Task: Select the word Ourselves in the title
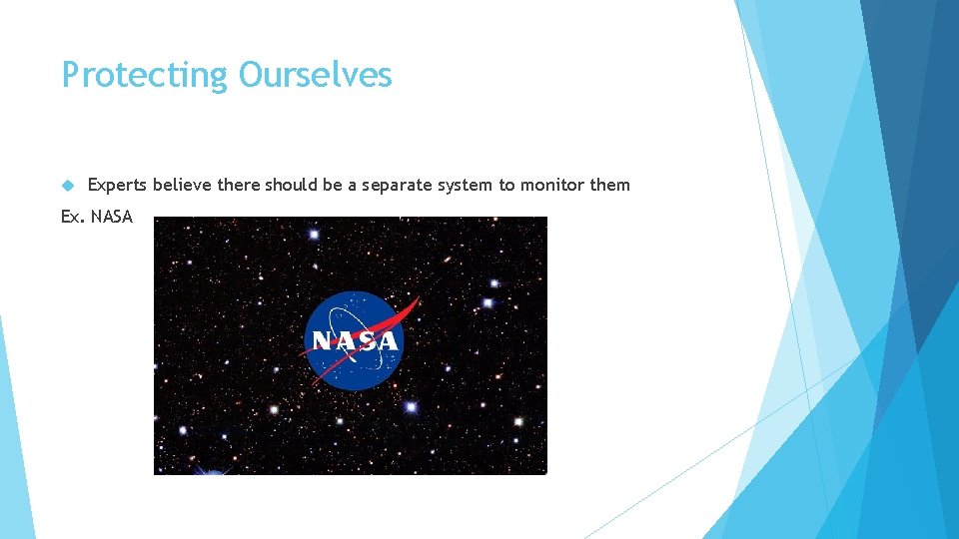click(315, 75)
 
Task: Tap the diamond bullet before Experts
click(68, 185)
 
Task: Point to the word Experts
click(117, 185)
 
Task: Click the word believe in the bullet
click(180, 185)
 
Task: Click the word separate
click(398, 185)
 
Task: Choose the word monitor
click(550, 185)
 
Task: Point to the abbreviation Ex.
click(73, 217)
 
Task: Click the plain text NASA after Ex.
click(111, 217)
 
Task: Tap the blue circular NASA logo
click(355, 340)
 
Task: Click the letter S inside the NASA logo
click(366, 341)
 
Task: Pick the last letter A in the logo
click(387, 341)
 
